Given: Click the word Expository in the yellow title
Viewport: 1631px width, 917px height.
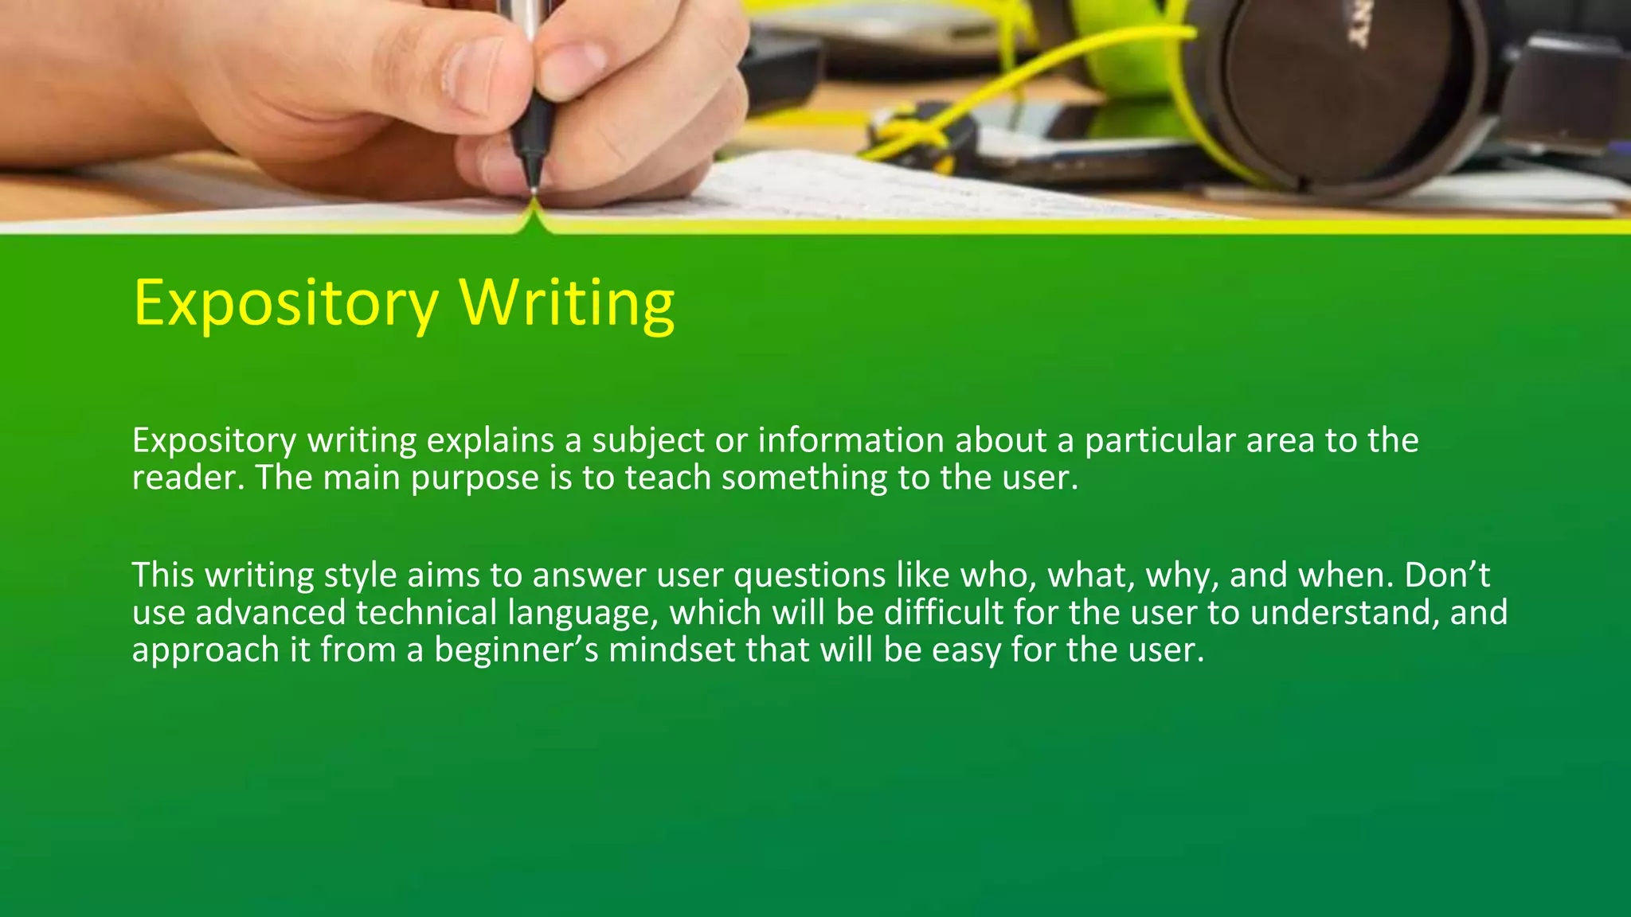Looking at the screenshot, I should tap(285, 303).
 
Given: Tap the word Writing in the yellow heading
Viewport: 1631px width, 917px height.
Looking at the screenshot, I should tap(567, 303).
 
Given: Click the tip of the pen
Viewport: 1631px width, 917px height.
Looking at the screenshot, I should tap(533, 191).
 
